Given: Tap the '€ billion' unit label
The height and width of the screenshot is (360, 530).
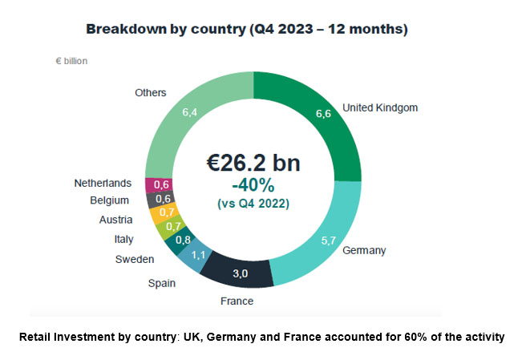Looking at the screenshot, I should [x=71, y=61].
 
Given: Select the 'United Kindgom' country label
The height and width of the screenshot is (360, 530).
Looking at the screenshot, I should [x=380, y=107].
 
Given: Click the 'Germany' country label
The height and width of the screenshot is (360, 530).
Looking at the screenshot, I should [x=364, y=250].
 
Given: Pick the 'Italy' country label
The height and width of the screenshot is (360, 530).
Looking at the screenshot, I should [x=123, y=239].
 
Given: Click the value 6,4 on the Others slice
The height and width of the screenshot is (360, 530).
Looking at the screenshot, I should [x=190, y=113].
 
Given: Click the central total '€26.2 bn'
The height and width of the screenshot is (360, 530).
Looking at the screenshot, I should [x=253, y=164].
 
